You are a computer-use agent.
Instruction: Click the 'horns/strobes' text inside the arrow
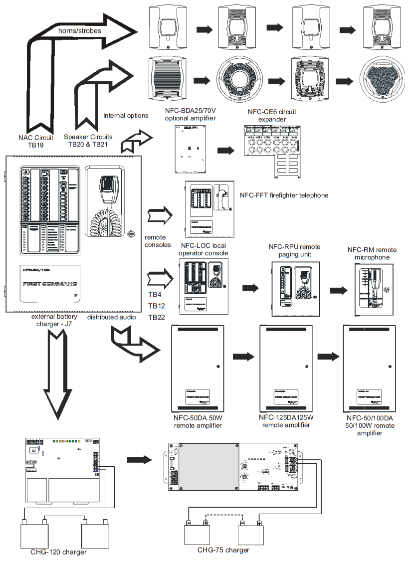(x=79, y=31)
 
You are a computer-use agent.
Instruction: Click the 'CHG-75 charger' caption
(x=223, y=550)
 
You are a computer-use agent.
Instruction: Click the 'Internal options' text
(x=126, y=116)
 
